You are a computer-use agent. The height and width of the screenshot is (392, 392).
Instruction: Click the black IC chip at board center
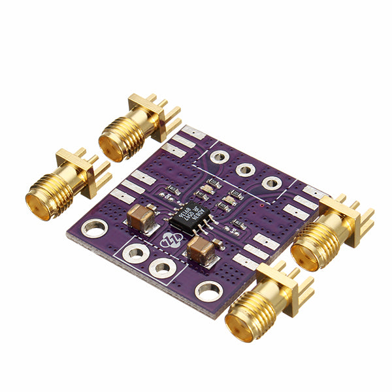point(189,218)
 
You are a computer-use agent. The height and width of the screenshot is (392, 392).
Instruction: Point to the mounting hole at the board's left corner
point(95,228)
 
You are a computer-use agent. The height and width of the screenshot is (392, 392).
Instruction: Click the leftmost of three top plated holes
point(218,157)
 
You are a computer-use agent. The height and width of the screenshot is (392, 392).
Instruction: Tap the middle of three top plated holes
point(245,170)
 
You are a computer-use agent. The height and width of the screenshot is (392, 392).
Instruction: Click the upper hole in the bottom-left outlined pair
point(136,253)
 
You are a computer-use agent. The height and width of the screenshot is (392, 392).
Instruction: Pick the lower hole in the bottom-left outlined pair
point(160,267)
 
